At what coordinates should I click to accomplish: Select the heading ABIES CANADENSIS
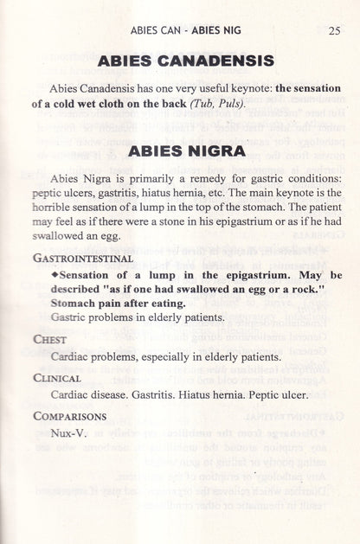185,61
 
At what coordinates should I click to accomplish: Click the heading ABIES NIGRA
185,151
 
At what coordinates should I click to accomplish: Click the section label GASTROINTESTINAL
82,258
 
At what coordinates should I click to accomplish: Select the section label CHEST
49,340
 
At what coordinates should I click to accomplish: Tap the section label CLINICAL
57,378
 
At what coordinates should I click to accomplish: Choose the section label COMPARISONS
70,416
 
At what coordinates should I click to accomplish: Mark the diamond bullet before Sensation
54,274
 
